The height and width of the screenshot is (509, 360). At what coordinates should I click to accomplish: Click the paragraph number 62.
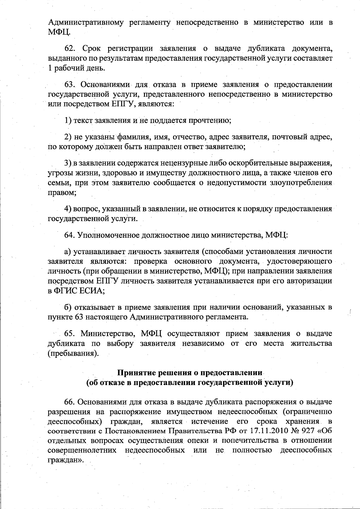71,48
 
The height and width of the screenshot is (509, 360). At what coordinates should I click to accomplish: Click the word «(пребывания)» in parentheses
73,353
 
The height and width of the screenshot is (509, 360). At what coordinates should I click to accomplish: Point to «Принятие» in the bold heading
138,373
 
